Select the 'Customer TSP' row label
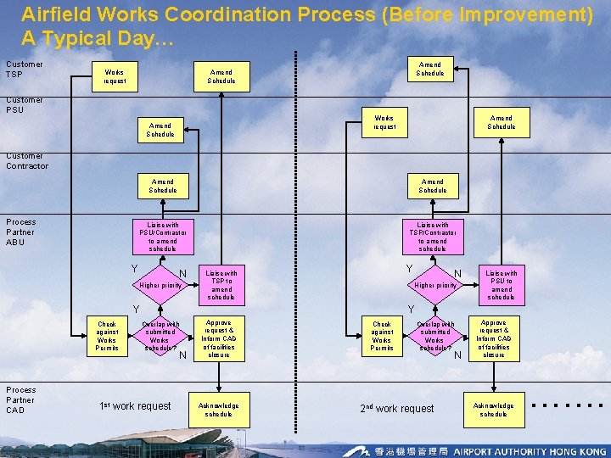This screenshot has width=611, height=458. [x=24, y=69]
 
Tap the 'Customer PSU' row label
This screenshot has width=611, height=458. [x=24, y=104]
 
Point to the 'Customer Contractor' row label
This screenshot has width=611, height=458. [x=27, y=160]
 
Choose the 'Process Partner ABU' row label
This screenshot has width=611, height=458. [x=20, y=232]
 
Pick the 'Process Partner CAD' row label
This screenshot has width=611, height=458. [x=20, y=399]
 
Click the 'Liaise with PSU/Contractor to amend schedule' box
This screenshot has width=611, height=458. [x=163, y=236]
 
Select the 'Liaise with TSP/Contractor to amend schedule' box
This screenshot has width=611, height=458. [x=432, y=236]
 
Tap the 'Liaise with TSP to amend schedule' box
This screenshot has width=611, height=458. [x=221, y=285]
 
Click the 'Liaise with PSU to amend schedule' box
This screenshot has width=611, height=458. [x=501, y=285]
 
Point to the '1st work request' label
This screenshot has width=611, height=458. [x=135, y=406]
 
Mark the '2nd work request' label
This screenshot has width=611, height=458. [x=396, y=408]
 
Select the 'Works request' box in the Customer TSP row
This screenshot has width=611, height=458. [x=114, y=76]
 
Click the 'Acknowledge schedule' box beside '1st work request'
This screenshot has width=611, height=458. [x=219, y=410]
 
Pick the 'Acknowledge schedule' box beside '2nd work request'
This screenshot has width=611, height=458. [x=493, y=410]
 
